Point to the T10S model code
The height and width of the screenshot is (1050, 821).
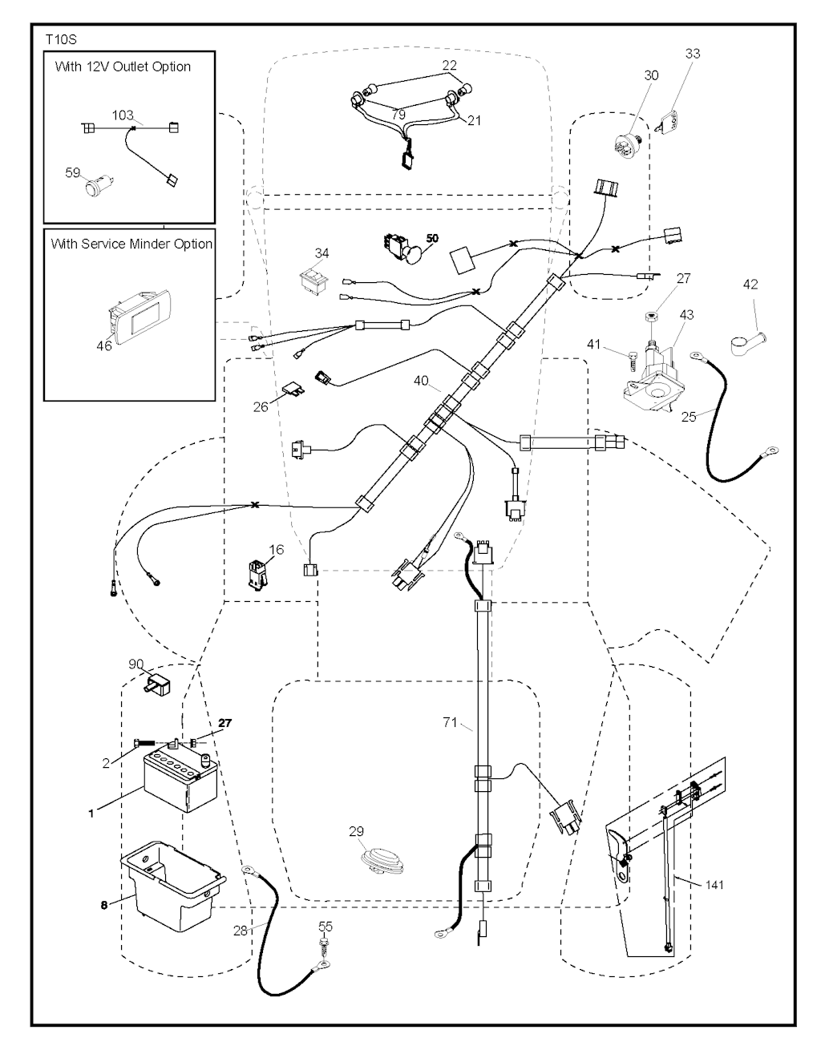tap(61, 38)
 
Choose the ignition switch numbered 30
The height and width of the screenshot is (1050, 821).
tap(631, 146)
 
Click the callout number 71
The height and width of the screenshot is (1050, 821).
tap(451, 723)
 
